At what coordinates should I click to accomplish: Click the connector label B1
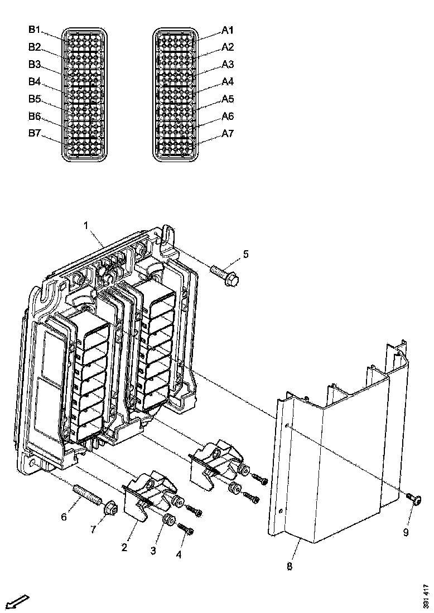click(35, 29)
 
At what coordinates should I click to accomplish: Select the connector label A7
click(228, 134)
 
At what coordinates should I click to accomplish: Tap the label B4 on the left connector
click(35, 81)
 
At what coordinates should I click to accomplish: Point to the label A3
click(228, 64)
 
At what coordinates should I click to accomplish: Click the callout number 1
click(86, 226)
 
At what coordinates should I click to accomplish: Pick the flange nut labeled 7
click(109, 508)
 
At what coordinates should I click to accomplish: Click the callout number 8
click(289, 566)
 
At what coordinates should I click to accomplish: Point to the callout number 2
click(124, 547)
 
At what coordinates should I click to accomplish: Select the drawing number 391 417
click(426, 595)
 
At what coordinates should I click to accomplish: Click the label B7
click(35, 134)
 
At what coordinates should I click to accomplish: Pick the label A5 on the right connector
click(228, 99)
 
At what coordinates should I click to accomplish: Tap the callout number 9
click(406, 533)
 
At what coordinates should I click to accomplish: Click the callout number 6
click(64, 517)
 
